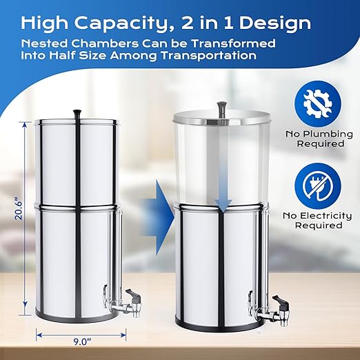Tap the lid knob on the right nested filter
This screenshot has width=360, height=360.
point(221,106)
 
